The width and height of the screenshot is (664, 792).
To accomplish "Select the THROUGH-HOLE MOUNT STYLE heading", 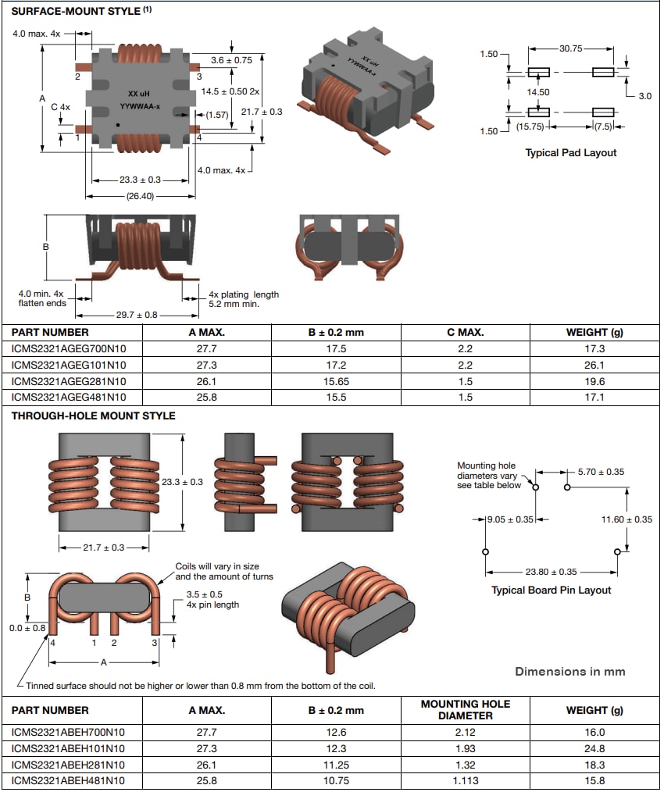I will [93, 416].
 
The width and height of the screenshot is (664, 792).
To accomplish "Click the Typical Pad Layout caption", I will [570, 152].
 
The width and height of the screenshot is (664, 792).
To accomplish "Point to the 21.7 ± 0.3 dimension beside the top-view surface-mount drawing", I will [262, 112].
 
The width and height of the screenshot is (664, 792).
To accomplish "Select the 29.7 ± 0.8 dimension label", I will [137, 314].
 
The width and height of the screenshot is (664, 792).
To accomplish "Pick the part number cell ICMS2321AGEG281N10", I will [69, 381].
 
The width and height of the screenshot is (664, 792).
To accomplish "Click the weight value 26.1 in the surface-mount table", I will [595, 365].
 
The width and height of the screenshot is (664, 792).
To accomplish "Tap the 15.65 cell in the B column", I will [335, 381].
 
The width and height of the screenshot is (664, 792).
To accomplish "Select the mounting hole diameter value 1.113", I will [465, 780].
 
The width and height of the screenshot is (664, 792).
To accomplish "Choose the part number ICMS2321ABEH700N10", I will [68, 732].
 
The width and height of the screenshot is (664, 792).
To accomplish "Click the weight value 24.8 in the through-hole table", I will [595, 748].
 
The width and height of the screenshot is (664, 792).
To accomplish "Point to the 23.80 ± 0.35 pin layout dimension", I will [551, 571].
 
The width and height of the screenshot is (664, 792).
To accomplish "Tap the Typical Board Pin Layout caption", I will [551, 590].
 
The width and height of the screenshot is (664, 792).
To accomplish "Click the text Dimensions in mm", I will [569, 671].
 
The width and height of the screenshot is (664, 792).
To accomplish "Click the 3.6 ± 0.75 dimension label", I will [232, 59].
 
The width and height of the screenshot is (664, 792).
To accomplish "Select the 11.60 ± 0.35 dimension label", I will [627, 519].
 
